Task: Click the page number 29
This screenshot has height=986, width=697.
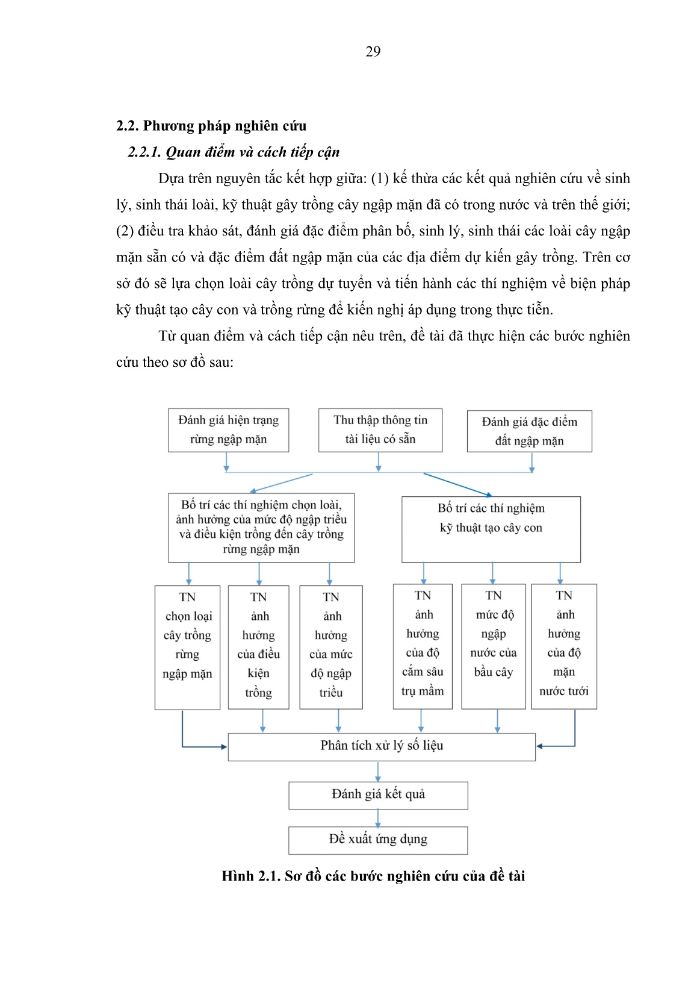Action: pyautogui.click(x=373, y=52)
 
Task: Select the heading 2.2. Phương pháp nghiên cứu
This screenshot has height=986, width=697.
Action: pyautogui.click(x=211, y=126)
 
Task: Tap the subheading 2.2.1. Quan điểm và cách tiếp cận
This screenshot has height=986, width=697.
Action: pyautogui.click(x=234, y=152)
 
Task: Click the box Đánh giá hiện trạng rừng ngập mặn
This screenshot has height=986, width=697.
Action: pyautogui.click(x=228, y=430)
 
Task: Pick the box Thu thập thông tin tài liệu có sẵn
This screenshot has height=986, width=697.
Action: pyautogui.click(x=380, y=430)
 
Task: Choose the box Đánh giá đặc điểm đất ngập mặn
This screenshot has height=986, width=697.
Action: pyautogui.click(x=529, y=431)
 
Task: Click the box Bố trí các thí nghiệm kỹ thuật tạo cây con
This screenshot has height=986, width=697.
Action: pyautogui.click(x=491, y=529)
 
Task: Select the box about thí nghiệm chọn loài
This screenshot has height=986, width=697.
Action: pyautogui.click(x=261, y=528)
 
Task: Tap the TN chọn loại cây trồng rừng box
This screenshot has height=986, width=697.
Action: pyautogui.click(x=187, y=647)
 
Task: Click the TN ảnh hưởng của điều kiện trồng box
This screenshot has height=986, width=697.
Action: pyautogui.click(x=258, y=647)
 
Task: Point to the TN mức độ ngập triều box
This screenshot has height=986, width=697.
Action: pyautogui.click(x=331, y=647)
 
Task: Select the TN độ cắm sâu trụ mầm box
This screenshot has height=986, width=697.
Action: pyautogui.click(x=423, y=646)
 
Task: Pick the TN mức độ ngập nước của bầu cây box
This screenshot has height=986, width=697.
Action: pyautogui.click(x=493, y=646)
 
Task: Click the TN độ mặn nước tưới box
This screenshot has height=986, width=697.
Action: pyautogui.click(x=564, y=646)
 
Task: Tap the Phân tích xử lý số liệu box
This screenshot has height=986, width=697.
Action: pyautogui.click(x=382, y=746)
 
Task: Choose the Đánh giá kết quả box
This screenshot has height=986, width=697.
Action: pyautogui.click(x=378, y=795)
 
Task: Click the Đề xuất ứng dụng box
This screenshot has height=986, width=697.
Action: pyautogui.click(x=378, y=840)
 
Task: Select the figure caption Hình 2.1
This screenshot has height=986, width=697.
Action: pyautogui.click(x=373, y=876)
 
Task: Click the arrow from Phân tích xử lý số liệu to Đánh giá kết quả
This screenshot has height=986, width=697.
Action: pyautogui.click(x=378, y=772)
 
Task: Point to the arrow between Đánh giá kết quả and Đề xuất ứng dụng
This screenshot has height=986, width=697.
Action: pyautogui.click(x=378, y=818)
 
